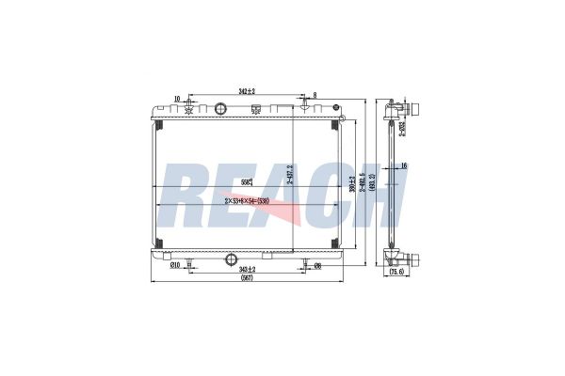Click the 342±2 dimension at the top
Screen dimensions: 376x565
246,91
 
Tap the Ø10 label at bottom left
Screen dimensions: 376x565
174,265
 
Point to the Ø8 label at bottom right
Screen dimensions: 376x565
317,265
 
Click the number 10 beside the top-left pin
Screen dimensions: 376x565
177,96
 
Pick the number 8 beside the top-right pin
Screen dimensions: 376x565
315,95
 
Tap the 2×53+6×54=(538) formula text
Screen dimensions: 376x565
247,200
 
